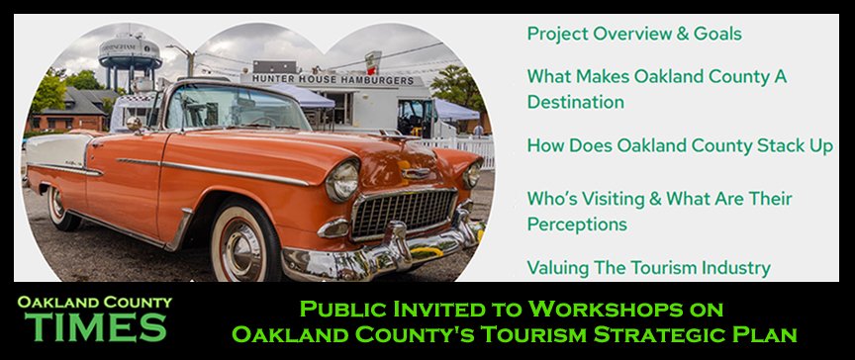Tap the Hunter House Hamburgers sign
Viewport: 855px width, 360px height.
332,80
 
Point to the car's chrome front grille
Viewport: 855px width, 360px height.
404,212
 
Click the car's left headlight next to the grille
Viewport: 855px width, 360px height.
342,181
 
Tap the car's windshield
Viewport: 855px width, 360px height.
235,108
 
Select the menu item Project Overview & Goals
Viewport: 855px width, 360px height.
634,34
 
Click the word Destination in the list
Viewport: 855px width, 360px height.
575,102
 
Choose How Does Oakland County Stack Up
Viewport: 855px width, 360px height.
680,146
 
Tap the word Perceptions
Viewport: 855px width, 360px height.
577,225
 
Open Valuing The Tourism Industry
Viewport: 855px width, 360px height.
649,268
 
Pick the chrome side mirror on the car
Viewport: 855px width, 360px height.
134,125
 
